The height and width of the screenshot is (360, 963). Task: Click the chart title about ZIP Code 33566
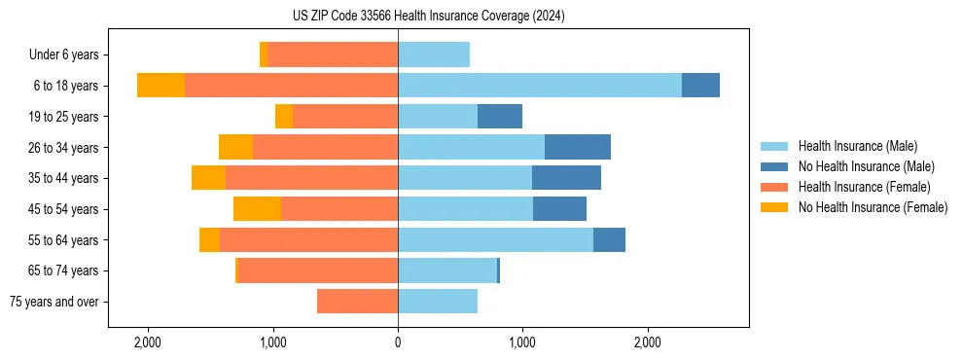[428, 17]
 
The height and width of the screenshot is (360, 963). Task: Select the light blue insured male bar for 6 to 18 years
[539, 85]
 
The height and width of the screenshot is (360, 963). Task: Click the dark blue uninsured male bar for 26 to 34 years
[577, 147]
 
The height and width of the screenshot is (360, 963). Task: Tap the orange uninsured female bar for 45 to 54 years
[257, 208]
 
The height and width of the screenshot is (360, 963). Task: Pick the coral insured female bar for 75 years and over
[357, 302]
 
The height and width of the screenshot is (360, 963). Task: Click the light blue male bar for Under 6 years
[434, 54]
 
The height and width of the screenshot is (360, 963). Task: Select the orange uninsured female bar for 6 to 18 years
[160, 85]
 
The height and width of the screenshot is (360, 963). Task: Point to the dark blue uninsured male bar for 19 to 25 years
[500, 116]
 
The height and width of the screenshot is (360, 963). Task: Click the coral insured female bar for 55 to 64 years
[308, 239]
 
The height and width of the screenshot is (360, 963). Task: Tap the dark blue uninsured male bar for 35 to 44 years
[566, 178]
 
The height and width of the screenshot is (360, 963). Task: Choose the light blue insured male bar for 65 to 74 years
[447, 270]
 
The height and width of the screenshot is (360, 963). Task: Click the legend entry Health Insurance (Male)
[857, 146]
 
